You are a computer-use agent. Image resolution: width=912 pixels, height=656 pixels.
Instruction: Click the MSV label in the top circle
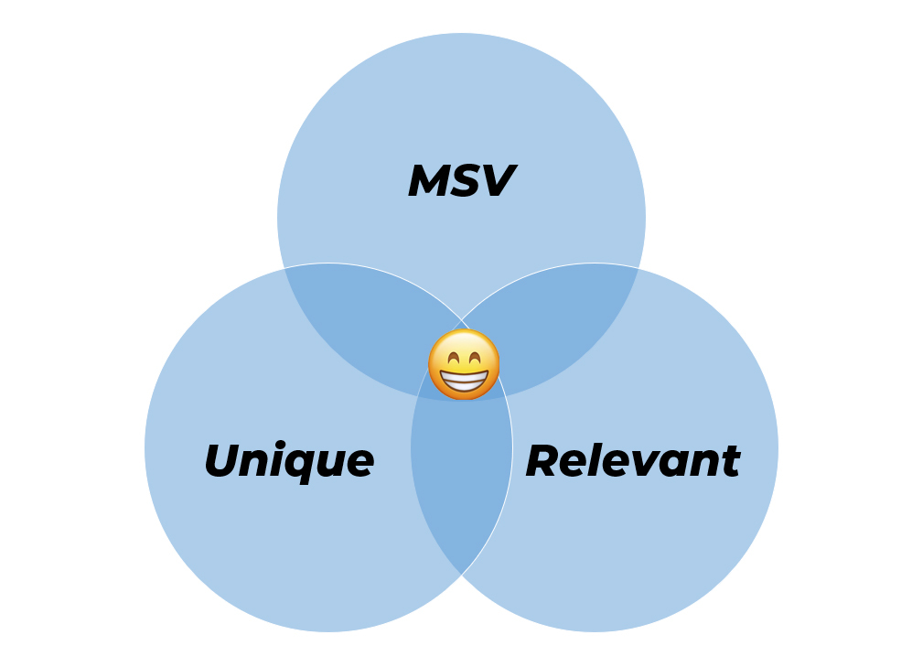click(461, 181)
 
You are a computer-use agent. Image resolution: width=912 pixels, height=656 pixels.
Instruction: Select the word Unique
click(288, 460)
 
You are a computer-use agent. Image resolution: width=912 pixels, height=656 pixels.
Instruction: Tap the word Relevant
click(632, 460)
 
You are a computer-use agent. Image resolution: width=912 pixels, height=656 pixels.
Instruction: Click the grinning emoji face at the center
click(464, 364)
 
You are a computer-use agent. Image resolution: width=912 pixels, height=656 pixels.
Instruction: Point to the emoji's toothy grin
click(464, 377)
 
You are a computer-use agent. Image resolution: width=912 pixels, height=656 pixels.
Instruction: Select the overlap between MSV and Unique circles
click(366, 316)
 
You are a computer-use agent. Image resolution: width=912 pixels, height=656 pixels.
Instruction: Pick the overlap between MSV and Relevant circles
click(558, 316)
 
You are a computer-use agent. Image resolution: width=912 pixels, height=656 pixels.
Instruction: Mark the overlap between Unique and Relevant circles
click(461, 485)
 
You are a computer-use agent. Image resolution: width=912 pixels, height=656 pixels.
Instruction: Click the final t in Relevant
click(731, 460)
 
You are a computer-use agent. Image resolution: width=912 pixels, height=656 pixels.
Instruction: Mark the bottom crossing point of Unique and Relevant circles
click(461, 574)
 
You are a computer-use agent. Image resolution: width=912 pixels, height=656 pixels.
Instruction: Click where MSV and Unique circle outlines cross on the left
click(284, 268)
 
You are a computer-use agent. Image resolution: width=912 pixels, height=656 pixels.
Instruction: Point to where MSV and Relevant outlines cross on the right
click(638, 268)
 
